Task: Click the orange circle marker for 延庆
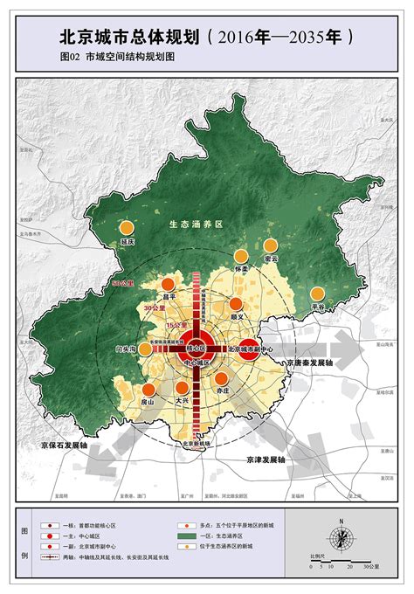coord(130,229)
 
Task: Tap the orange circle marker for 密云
coord(271,246)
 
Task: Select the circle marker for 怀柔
coord(243,256)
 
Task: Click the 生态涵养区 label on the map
coord(197,224)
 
